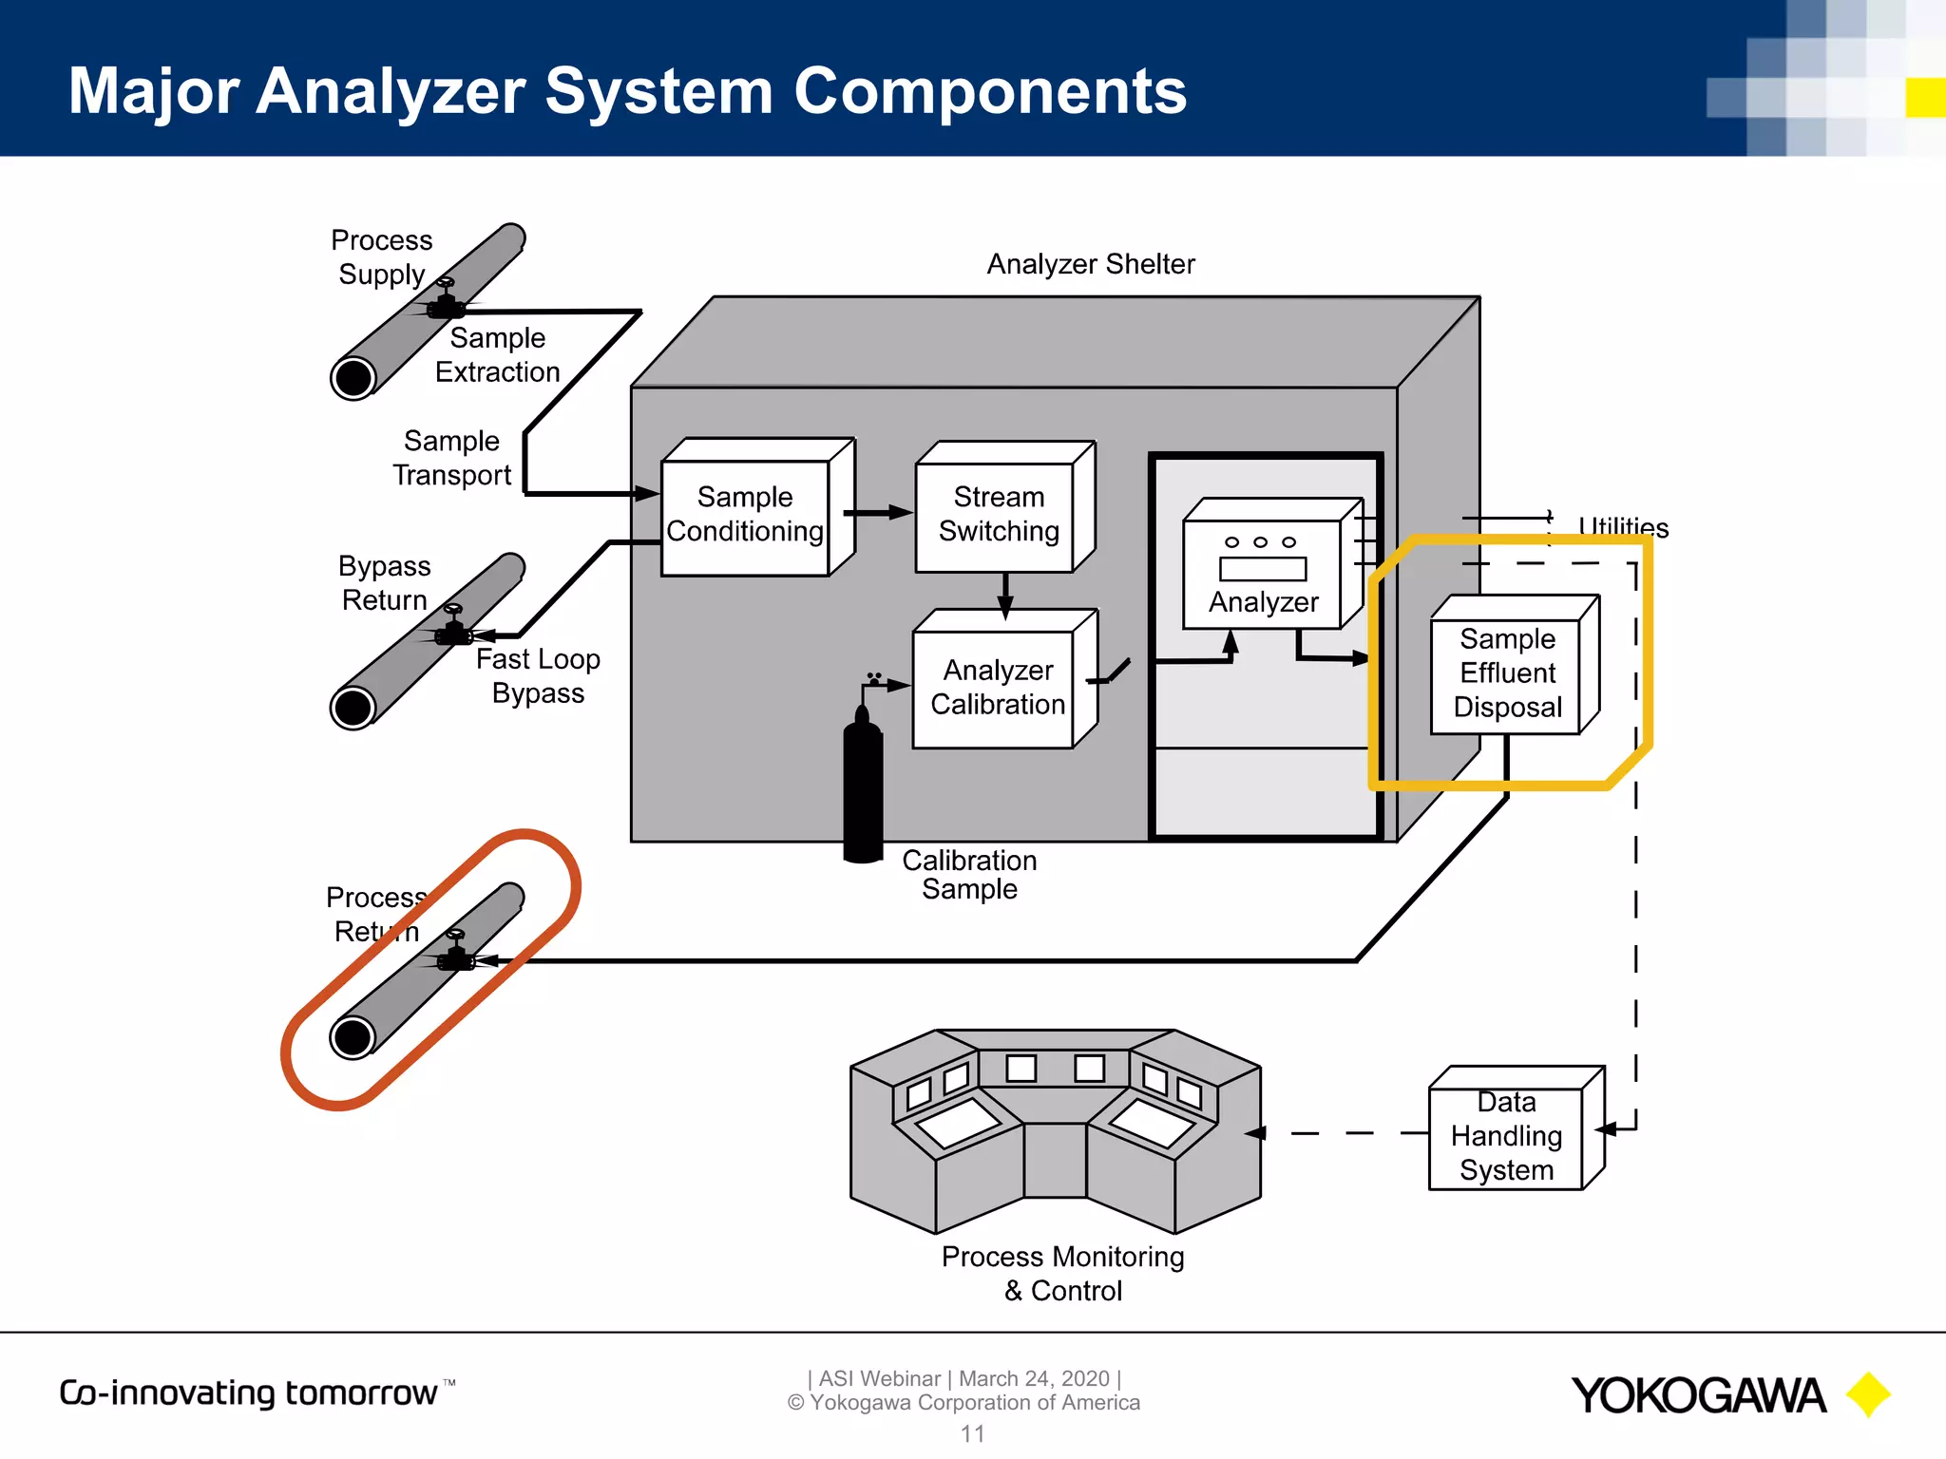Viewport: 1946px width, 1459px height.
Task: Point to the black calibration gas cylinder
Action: point(863,788)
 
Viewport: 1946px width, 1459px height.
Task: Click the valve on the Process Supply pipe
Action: point(445,302)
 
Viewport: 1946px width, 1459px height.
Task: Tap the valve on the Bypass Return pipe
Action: point(453,628)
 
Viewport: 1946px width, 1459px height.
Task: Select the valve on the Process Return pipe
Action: point(455,954)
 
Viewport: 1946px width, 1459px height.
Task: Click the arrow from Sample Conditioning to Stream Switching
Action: point(879,513)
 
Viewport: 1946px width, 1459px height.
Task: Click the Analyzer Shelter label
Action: point(1090,264)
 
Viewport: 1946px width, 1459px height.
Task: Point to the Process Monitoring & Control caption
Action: point(1062,1274)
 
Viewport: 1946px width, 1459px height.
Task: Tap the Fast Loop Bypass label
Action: point(538,675)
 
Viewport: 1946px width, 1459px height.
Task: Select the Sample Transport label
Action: point(451,458)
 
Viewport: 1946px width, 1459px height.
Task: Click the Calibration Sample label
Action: point(968,874)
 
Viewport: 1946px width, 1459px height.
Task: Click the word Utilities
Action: point(1623,526)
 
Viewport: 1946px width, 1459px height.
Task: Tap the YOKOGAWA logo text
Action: point(1698,1395)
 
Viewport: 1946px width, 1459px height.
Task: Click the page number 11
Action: point(972,1433)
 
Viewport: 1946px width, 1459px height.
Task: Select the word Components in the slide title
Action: point(989,91)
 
